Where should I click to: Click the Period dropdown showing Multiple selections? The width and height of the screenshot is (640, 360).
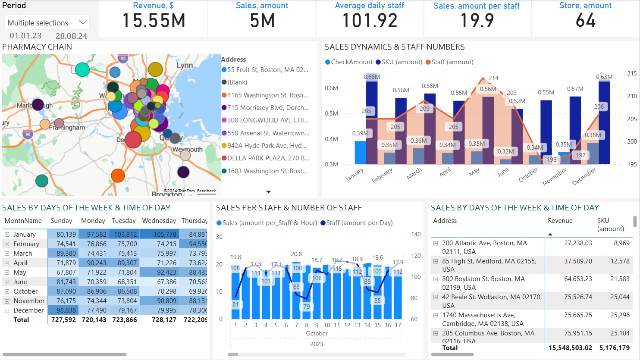[x=47, y=23]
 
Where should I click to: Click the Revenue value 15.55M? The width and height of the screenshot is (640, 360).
[x=154, y=21]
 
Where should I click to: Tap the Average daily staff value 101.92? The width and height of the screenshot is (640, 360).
[x=370, y=21]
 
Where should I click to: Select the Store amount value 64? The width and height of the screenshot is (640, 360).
[x=585, y=21]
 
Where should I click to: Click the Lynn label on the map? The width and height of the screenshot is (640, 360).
[x=185, y=66]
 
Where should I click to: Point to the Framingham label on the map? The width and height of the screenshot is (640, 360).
[x=67, y=128]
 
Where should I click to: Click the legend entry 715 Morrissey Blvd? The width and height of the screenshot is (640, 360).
[x=268, y=108]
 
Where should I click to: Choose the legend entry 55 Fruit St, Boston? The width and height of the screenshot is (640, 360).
[x=267, y=70]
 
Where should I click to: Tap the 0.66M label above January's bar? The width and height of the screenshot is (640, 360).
[x=372, y=77]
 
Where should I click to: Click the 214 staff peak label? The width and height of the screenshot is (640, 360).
[x=493, y=78]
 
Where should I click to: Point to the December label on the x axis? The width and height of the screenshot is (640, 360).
[x=584, y=176]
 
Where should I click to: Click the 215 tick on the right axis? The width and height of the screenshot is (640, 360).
[x=632, y=73]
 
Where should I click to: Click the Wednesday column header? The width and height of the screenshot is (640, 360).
[x=159, y=221]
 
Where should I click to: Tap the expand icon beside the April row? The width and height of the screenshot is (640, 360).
[x=7, y=263]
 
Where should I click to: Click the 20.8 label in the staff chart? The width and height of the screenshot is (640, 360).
[x=296, y=254]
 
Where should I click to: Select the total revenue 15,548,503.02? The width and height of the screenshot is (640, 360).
[x=570, y=348]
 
